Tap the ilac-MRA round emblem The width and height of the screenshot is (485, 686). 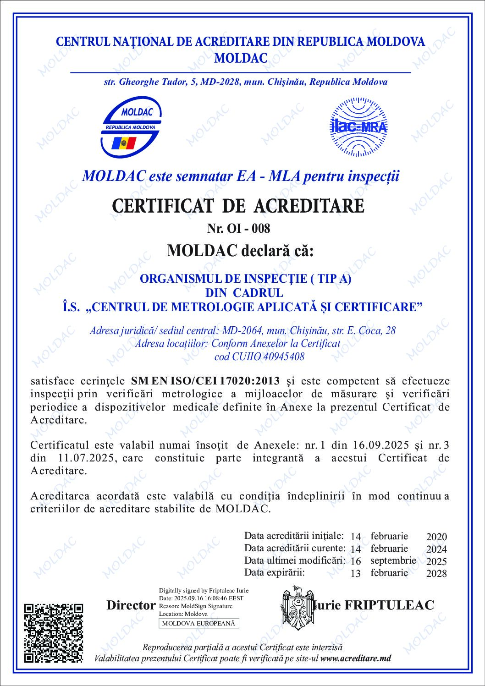(358, 126)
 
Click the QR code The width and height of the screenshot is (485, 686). (54, 632)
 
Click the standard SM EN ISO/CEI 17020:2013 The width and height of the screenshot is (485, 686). (205, 381)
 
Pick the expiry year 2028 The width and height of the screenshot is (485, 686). (436, 573)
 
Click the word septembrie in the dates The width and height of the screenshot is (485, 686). (393, 560)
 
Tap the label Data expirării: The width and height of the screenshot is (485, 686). (274, 572)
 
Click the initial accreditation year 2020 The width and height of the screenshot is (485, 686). (436, 537)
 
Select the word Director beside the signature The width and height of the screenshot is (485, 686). (131, 605)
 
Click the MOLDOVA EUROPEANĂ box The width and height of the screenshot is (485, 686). (198, 623)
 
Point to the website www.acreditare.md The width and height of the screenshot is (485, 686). (356, 658)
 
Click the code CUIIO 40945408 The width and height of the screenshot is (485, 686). (259, 357)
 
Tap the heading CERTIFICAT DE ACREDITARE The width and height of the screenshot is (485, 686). (238, 206)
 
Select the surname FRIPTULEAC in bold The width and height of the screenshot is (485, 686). (389, 605)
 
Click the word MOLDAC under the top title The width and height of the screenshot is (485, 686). (241, 58)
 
